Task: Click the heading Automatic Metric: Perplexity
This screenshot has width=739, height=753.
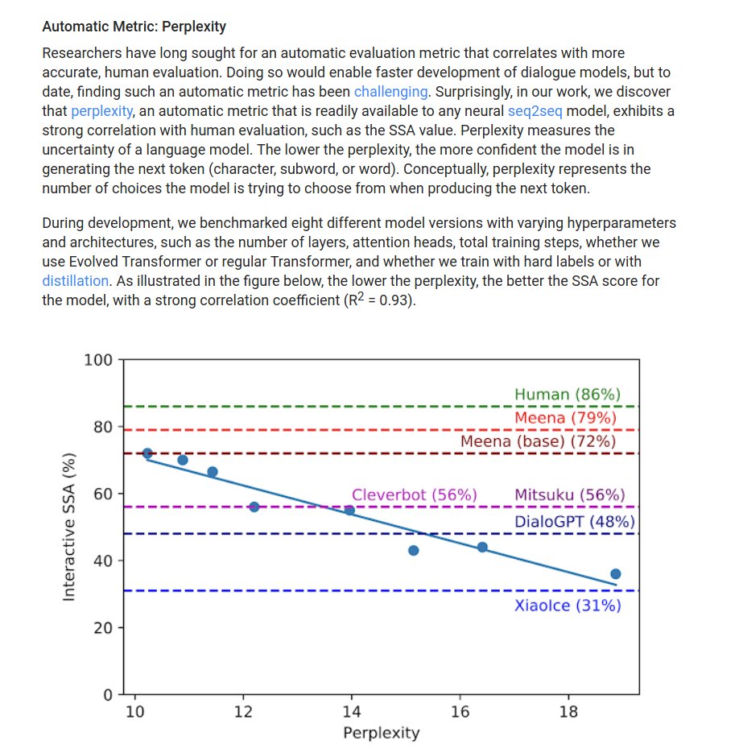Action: tap(134, 27)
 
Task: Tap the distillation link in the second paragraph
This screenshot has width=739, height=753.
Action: tap(75, 281)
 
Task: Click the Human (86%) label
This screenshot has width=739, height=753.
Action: tap(568, 395)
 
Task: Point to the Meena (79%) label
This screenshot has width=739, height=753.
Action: tap(566, 418)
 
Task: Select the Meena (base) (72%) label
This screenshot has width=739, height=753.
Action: tap(538, 441)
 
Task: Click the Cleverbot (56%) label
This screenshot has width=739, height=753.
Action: tap(414, 495)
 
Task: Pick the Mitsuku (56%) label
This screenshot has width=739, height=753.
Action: tap(569, 495)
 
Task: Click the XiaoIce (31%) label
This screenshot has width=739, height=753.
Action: tap(568, 606)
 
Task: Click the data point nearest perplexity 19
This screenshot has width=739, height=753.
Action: tap(616, 574)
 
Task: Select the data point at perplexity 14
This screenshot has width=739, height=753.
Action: tap(349, 510)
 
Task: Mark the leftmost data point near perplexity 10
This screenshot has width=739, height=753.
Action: tap(147, 453)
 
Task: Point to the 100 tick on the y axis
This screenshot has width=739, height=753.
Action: tap(98, 359)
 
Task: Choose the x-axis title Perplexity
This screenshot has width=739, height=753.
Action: tap(381, 733)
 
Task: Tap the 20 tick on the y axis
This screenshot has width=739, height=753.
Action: tap(103, 627)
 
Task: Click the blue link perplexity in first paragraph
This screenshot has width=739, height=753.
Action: tap(101, 110)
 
